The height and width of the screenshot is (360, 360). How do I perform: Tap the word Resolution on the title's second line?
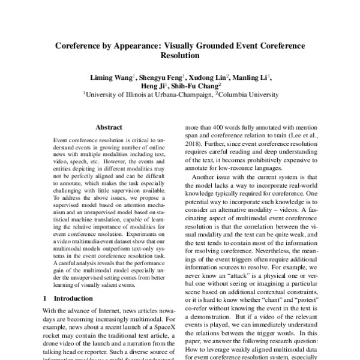click(180, 56)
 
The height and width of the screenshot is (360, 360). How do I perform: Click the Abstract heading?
click(109, 127)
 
